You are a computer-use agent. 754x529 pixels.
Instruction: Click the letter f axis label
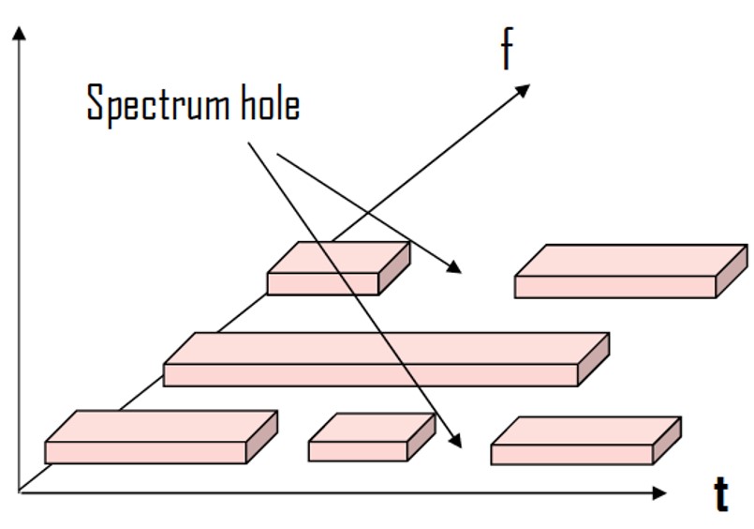[x=507, y=50]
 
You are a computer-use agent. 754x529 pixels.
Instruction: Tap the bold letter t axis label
[x=721, y=494]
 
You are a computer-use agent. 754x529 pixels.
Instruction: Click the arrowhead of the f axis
[x=523, y=89]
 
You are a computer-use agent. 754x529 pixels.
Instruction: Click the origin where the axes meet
[x=20, y=491]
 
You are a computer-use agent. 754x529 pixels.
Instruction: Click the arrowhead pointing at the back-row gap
[x=455, y=269]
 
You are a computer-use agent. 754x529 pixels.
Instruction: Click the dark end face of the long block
[x=592, y=358]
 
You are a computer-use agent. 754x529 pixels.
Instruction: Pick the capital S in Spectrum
[x=95, y=103]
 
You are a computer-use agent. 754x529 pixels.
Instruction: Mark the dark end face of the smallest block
[x=421, y=437]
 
